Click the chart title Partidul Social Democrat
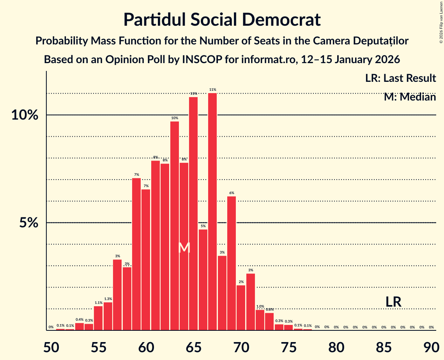(x=222, y=20)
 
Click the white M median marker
(x=184, y=247)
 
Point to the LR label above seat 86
(x=393, y=302)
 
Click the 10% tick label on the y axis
(x=25, y=115)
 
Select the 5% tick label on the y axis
(x=29, y=223)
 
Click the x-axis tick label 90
(x=431, y=346)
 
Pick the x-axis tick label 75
(x=288, y=346)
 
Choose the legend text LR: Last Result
(x=400, y=78)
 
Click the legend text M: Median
(x=410, y=97)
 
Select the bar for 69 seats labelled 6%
(x=232, y=263)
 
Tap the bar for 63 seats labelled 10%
(x=175, y=226)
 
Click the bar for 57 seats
(x=117, y=295)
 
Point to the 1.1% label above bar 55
(x=98, y=303)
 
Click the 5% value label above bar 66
(x=203, y=226)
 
